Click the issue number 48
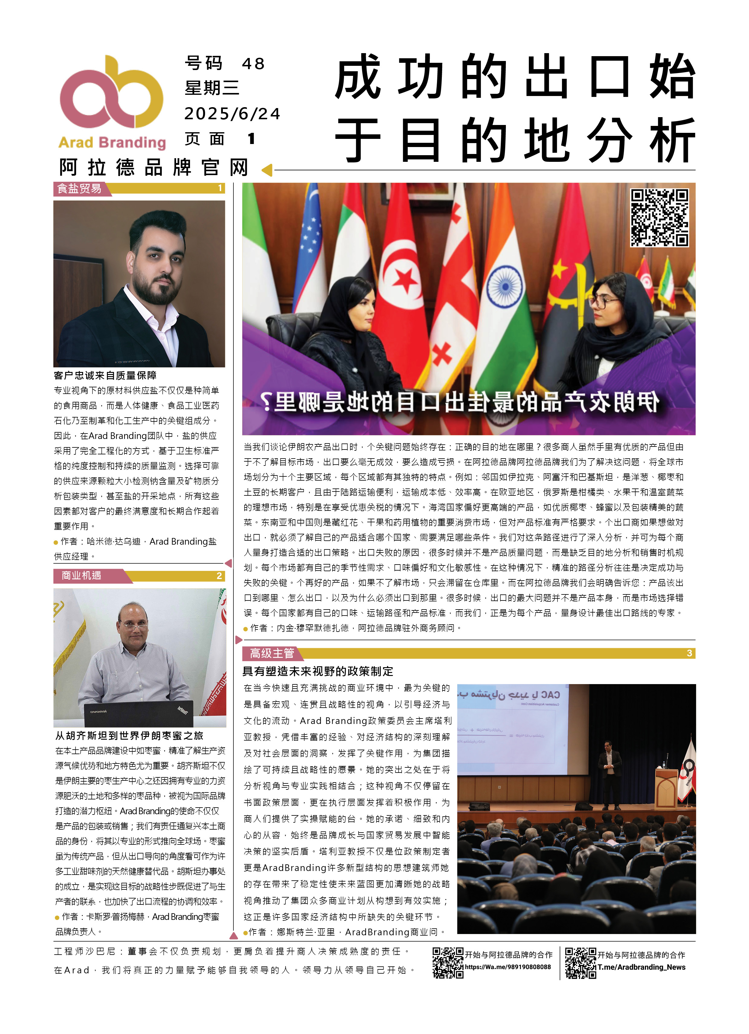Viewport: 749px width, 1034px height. coord(253,64)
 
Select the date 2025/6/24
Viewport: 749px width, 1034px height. coord(232,114)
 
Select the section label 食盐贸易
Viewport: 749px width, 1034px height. coord(79,188)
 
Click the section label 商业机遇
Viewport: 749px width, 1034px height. coord(81,575)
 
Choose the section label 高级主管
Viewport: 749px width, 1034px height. coord(272,653)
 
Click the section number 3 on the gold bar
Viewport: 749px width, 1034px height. coord(689,653)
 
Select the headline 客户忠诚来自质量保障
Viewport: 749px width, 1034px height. coord(105,375)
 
